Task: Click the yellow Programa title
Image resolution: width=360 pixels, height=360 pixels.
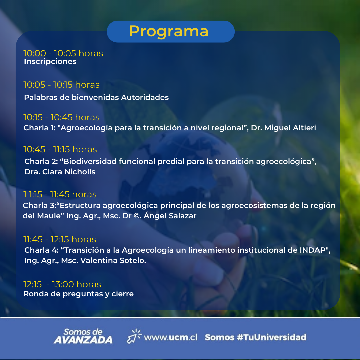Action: [169, 31]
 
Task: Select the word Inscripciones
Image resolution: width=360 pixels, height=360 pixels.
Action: [50, 62]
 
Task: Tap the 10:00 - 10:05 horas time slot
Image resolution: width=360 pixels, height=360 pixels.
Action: [63, 53]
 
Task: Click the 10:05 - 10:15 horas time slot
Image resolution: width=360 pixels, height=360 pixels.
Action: [62, 85]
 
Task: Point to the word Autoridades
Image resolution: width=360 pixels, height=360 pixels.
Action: [145, 97]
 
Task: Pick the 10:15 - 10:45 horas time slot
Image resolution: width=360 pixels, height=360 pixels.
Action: [62, 117]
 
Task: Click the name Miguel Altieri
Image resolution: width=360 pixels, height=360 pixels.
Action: [290, 128]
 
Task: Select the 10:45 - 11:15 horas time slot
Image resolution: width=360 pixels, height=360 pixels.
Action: [60, 149]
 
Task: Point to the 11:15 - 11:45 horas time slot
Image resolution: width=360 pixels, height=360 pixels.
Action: [60, 194]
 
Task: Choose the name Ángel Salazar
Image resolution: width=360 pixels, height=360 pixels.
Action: [170, 216]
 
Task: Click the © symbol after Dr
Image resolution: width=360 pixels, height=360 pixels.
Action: [137, 216]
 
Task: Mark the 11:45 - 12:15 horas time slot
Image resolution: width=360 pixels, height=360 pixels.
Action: [60, 239]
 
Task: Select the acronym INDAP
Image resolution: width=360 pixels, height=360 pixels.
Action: [313, 250]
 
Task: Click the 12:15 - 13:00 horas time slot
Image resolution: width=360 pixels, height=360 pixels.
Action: [62, 284]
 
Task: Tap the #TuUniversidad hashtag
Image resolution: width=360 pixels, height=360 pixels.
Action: [272, 337]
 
